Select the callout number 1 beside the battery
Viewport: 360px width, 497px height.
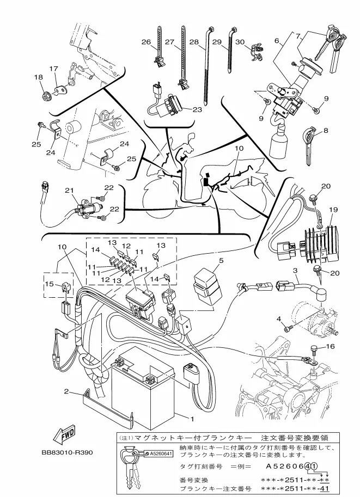(x=192, y=419)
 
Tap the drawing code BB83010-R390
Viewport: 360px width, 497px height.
(x=67, y=452)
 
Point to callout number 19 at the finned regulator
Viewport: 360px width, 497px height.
(x=333, y=210)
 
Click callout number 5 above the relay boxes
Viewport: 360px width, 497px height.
(x=221, y=261)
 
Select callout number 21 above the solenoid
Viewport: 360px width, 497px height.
(x=70, y=191)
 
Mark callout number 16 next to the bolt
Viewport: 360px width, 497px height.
(x=330, y=346)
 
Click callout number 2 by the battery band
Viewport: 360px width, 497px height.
(x=66, y=391)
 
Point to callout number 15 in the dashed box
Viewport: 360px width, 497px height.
(x=50, y=284)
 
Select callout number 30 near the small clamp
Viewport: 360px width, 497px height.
(x=240, y=42)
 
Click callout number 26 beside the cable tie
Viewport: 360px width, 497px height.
(x=146, y=42)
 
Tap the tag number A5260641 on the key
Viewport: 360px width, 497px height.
(x=161, y=453)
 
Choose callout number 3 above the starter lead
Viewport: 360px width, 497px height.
(x=295, y=271)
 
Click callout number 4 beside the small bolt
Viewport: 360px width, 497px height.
(x=279, y=319)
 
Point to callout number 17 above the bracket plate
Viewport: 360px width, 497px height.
(x=53, y=69)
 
